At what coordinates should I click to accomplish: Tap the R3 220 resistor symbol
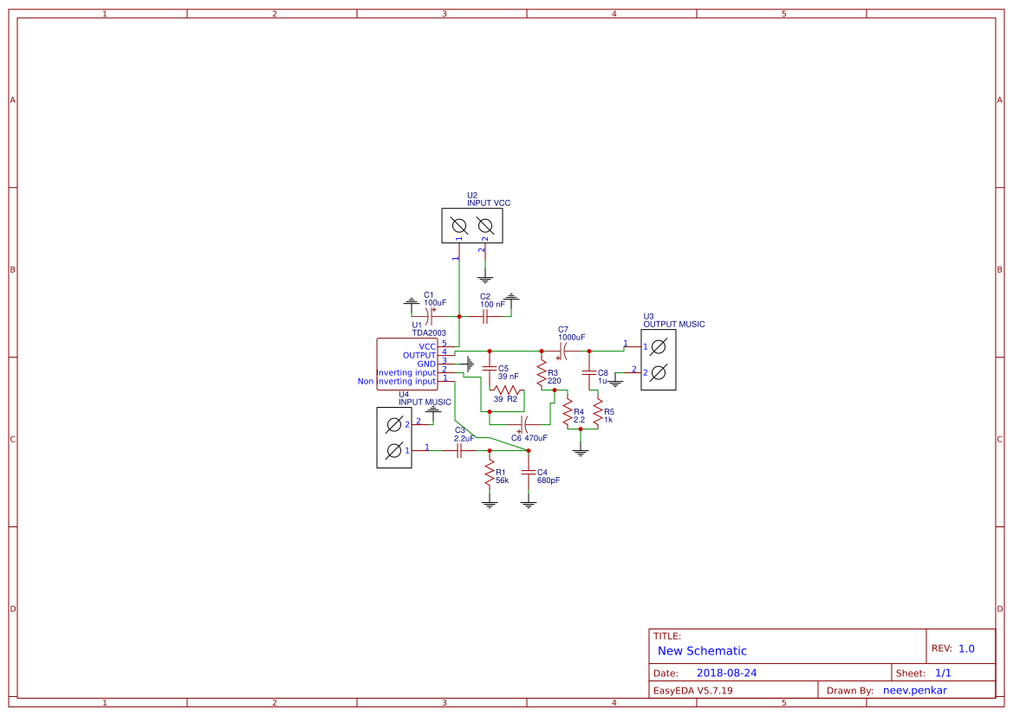[x=542, y=375]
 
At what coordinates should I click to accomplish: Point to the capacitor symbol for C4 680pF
[x=529, y=473]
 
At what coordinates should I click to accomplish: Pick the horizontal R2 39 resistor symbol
[x=505, y=390]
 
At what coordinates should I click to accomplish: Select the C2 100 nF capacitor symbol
[x=486, y=317]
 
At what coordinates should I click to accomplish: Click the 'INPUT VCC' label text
[x=489, y=203]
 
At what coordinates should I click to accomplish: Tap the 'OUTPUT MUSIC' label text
[x=673, y=325]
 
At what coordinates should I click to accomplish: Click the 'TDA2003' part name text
[x=429, y=333]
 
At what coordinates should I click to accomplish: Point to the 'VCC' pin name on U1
[x=427, y=346]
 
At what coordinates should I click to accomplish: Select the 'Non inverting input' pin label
[x=397, y=381]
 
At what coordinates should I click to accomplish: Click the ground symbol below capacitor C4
[x=529, y=503]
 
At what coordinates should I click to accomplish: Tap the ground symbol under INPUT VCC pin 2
[x=485, y=280]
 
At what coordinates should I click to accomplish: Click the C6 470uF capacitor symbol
[x=523, y=424]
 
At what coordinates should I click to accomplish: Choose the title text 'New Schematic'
[x=702, y=651]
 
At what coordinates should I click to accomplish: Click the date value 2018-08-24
[x=726, y=673]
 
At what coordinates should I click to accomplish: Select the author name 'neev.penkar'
[x=915, y=691]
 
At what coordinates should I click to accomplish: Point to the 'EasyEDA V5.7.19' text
[x=692, y=691]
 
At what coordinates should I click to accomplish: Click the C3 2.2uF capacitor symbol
[x=459, y=450]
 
